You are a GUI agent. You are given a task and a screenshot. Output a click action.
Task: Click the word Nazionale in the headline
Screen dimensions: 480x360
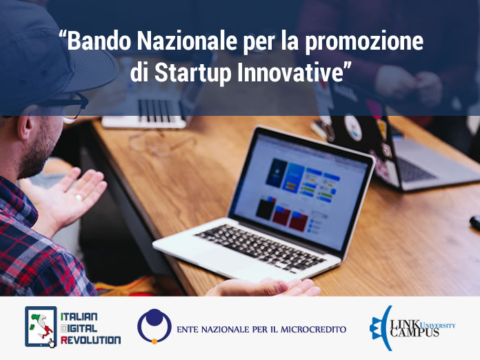coord(186,41)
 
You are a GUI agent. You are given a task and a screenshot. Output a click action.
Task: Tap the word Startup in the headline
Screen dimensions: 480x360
coord(193,74)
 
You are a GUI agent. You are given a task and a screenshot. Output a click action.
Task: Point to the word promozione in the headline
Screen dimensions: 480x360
coord(364,42)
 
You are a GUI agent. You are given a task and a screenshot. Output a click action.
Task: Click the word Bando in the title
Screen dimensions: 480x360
coord(99,41)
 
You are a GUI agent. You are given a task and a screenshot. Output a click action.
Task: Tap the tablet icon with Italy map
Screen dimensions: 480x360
coord(41,327)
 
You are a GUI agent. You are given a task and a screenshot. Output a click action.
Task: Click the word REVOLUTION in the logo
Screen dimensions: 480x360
coord(90,340)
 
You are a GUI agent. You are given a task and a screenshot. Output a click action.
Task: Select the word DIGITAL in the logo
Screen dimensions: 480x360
coord(79,328)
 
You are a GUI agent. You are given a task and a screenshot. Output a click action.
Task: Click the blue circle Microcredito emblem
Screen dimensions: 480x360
coord(154,326)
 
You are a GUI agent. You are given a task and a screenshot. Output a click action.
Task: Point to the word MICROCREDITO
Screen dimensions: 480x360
coord(314,330)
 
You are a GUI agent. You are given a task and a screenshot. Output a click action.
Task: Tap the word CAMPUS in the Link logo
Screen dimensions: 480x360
coord(414,332)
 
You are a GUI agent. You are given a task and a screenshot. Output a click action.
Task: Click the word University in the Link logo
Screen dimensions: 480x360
coord(438,325)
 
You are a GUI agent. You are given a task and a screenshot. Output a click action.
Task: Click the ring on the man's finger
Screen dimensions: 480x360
coord(79,197)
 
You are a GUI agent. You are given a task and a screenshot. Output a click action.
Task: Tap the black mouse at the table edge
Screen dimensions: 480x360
coord(475,223)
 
